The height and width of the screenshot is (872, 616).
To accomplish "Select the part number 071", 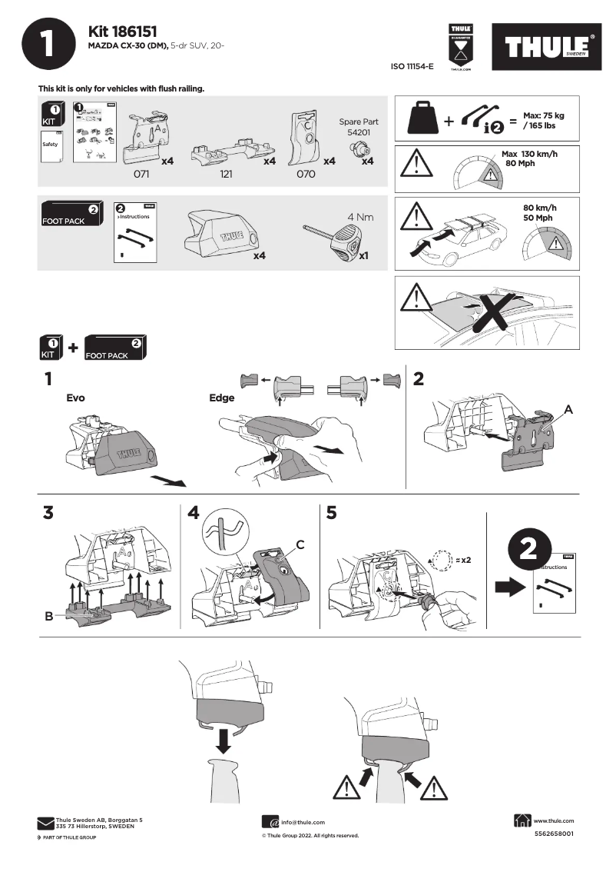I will (x=141, y=175).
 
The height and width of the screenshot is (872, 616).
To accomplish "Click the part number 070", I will (x=306, y=175).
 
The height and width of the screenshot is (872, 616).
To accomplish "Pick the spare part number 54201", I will (x=359, y=132).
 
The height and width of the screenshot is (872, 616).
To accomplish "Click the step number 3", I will (x=48, y=514).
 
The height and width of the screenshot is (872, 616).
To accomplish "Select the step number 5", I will (x=331, y=514).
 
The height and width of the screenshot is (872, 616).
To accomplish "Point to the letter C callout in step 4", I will (x=300, y=544).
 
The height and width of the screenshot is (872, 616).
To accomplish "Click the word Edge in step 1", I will (x=221, y=398).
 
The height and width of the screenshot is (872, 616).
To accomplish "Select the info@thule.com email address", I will (x=303, y=822).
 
